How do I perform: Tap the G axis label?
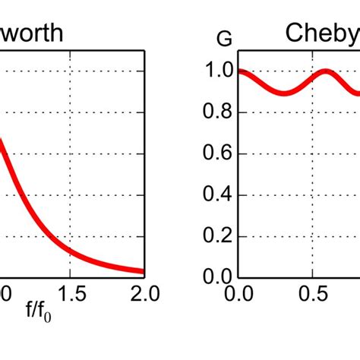pyautogui.click(x=226, y=39)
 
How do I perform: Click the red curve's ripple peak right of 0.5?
pyautogui.click(x=325, y=71)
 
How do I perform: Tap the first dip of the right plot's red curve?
pyautogui.click(x=283, y=93)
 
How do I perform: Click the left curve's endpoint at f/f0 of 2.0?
pyautogui.click(x=143, y=271)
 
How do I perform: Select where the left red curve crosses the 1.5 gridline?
pyautogui.click(x=71, y=250)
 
